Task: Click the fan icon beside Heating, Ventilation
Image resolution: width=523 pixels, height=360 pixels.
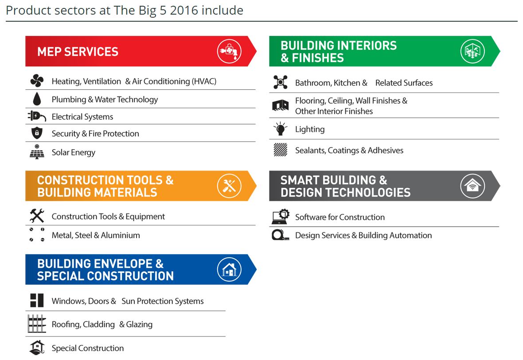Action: pos(37,81)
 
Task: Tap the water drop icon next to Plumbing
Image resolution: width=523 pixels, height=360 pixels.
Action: pos(37,99)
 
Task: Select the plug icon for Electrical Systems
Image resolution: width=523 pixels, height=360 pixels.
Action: pos(37,116)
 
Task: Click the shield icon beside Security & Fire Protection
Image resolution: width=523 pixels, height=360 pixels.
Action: pos(37,133)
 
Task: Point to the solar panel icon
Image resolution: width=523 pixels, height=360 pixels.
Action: pos(37,152)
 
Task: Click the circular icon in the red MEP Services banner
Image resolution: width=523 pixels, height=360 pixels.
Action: pos(229,51)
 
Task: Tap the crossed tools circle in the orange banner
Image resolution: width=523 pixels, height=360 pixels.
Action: pos(229,186)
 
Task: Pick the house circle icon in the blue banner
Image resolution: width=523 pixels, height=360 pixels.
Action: pos(229,269)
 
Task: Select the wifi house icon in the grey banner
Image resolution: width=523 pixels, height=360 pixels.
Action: pos(472,186)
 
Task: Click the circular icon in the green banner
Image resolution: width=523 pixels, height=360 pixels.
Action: pos(472,51)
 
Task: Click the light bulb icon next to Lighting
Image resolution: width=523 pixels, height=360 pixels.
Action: pos(280,129)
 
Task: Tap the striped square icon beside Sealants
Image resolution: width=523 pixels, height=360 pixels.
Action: pos(280,150)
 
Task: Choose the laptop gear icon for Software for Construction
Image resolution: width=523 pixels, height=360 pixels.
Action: pos(281,217)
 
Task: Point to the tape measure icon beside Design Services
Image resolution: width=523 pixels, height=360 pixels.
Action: pos(280,235)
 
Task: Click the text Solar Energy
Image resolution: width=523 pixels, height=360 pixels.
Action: pos(74,153)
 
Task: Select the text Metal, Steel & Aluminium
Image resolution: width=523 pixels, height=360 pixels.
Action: pos(96,235)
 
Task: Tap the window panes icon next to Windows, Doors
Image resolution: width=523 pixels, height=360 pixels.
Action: pos(37,300)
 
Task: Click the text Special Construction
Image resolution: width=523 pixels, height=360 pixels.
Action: pos(88,348)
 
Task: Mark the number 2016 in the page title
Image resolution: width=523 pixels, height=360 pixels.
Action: pos(184,10)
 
